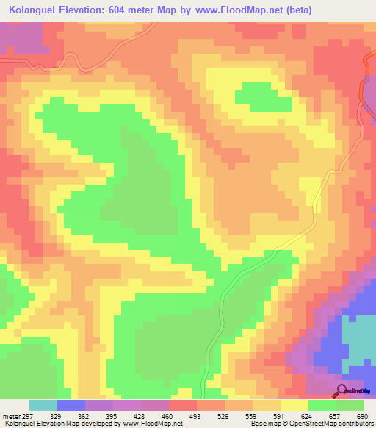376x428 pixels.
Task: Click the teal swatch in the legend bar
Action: coord(43,405)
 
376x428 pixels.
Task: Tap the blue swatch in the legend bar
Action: coord(71,405)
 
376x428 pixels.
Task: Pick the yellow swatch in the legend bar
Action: coord(294,405)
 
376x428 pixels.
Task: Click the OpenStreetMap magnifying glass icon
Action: coord(342,390)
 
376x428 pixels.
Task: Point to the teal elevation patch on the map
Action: coord(358,338)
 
